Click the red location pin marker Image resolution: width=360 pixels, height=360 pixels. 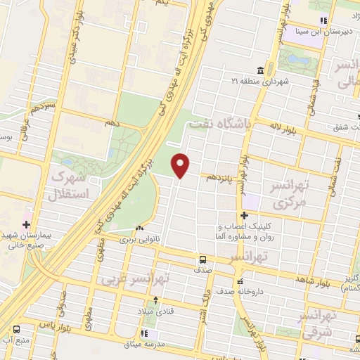(181, 166)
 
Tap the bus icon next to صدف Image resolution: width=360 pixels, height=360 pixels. (202, 259)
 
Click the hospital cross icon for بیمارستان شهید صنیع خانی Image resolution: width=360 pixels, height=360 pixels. (27, 225)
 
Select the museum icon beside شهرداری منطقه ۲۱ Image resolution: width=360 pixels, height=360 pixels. (261, 70)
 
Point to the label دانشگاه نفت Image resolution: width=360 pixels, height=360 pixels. (219, 126)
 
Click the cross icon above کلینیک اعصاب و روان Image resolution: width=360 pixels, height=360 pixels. (245, 215)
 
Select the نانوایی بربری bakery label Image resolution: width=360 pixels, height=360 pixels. (139, 239)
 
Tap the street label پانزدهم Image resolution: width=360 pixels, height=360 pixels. (220, 179)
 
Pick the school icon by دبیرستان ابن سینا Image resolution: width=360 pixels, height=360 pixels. (323, 20)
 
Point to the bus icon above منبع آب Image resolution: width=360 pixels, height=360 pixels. (15, 328)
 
